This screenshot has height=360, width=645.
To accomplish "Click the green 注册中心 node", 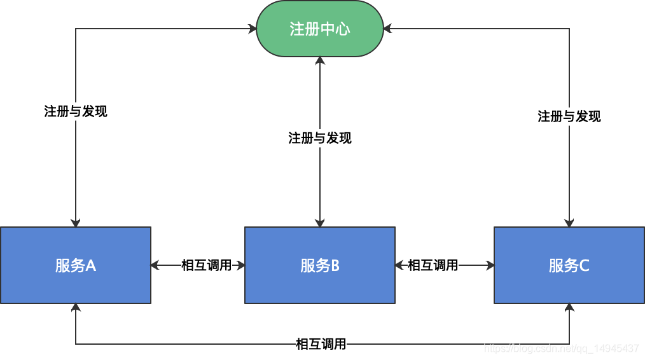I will (x=320, y=29).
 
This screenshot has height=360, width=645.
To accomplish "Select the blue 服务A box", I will (x=76, y=265).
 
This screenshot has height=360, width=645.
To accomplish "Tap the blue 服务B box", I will (x=320, y=265).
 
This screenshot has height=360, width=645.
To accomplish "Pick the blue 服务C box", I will (x=569, y=265).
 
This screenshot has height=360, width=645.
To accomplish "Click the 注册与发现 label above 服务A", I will (x=76, y=111).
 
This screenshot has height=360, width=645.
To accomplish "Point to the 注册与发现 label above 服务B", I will (x=320, y=138).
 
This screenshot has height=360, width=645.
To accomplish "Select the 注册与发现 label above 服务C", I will (x=569, y=116).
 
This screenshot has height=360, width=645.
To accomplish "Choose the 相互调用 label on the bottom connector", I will (x=321, y=344).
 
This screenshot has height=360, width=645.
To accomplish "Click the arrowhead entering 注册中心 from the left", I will (x=251, y=29).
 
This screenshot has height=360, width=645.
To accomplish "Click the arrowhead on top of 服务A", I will (x=76, y=223).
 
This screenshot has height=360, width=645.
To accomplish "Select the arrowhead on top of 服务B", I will (x=320, y=223).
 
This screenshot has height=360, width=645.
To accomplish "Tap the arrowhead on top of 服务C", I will (x=569, y=223).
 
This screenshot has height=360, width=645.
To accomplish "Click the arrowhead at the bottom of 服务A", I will (x=76, y=308).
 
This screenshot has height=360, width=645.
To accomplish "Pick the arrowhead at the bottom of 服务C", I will (x=569, y=308).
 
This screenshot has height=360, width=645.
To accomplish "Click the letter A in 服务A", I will (x=91, y=266).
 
